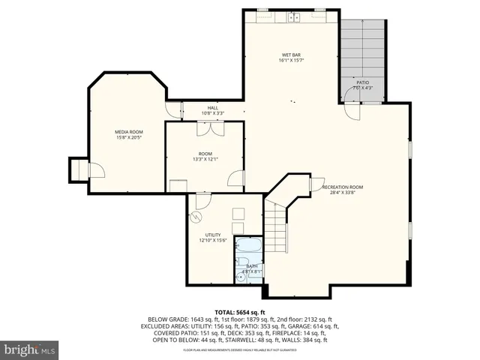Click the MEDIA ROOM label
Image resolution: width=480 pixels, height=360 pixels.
129,131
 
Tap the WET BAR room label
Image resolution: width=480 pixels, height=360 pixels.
292,55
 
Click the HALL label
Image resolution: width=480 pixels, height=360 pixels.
213,108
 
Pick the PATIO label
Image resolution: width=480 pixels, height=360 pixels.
362,82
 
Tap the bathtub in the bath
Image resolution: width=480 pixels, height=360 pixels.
247,246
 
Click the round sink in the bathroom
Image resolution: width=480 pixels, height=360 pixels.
241,277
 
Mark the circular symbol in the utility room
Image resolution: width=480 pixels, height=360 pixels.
196,217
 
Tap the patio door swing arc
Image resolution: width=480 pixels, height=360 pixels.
351,111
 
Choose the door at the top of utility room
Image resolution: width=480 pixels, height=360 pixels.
202,201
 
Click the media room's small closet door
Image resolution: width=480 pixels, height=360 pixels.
96,170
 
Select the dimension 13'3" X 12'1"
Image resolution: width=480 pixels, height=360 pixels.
205,159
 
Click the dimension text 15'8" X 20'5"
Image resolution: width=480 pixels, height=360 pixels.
129,138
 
